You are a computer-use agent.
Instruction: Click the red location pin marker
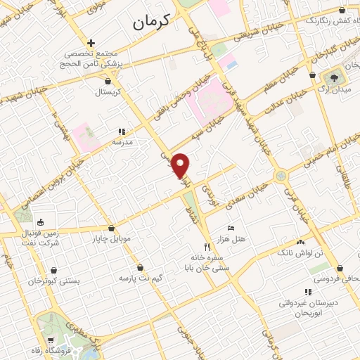(x=181, y=165)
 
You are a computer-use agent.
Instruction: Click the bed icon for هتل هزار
(x=231, y=229)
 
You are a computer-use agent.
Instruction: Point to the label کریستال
(x=108, y=91)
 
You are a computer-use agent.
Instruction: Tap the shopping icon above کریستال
(x=107, y=81)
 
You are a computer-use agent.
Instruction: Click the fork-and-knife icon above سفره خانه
(x=207, y=247)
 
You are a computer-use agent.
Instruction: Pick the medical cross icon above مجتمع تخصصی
(x=90, y=44)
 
